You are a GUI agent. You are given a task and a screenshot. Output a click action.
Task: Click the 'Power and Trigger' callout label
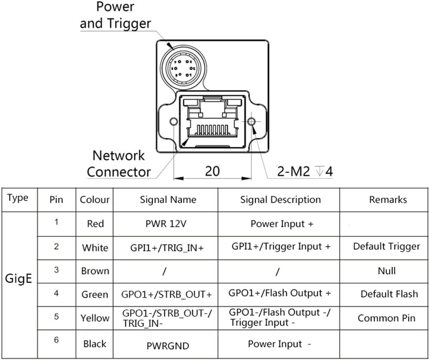click(x=115, y=15)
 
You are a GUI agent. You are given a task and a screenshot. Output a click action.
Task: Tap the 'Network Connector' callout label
click(x=119, y=164)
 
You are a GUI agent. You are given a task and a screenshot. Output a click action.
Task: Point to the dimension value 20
click(x=212, y=171)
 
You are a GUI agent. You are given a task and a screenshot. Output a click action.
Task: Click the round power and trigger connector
click(x=183, y=67)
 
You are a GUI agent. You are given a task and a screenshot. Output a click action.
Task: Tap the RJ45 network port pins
click(x=214, y=130)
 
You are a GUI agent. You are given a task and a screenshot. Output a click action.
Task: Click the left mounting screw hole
click(x=174, y=122)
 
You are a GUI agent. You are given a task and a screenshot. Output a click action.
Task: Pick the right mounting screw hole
click(x=252, y=122)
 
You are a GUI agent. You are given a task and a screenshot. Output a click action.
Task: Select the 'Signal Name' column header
click(x=168, y=200)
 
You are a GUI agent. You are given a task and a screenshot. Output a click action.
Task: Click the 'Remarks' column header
click(x=388, y=200)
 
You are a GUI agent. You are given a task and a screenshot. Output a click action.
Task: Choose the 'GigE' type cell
click(x=18, y=278)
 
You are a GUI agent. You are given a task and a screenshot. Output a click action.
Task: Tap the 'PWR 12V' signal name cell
click(x=166, y=224)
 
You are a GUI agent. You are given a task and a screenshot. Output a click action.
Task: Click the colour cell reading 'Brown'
click(x=95, y=271)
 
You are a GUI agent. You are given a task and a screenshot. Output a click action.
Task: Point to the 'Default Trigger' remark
click(x=387, y=247)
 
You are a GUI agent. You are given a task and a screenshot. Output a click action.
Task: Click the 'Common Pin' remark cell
click(x=387, y=318)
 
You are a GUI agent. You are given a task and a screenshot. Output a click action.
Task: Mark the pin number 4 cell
click(x=56, y=293)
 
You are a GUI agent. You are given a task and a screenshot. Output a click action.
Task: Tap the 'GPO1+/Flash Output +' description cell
click(x=280, y=293)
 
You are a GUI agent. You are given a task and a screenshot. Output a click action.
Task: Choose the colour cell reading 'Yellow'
click(x=95, y=318)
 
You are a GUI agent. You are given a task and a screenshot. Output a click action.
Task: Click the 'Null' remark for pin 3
click(x=387, y=271)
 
